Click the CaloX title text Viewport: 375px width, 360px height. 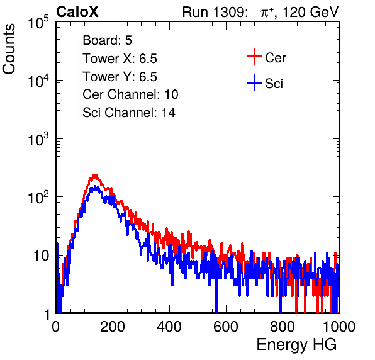[77, 12]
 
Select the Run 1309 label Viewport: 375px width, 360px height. [215, 12]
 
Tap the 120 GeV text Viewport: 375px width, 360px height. [310, 12]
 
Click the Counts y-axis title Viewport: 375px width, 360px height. [9, 49]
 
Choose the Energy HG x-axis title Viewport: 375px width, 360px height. [296, 345]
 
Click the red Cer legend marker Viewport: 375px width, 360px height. [254, 57]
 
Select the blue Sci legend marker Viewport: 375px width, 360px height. [254, 82]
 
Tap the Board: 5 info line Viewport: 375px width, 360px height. [108, 40]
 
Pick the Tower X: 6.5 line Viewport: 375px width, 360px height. [120, 59]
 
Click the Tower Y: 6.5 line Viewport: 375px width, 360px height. [120, 77]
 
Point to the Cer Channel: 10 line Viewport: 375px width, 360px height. [130, 94]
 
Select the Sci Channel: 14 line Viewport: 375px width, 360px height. [129, 113]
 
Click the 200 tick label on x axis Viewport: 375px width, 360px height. [113, 327]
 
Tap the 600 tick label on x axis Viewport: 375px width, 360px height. [226, 327]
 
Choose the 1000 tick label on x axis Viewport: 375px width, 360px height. [339, 327]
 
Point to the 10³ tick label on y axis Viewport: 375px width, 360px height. [38, 139]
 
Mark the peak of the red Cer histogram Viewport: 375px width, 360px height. [95, 175]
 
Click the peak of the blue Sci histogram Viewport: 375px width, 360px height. [95, 186]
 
